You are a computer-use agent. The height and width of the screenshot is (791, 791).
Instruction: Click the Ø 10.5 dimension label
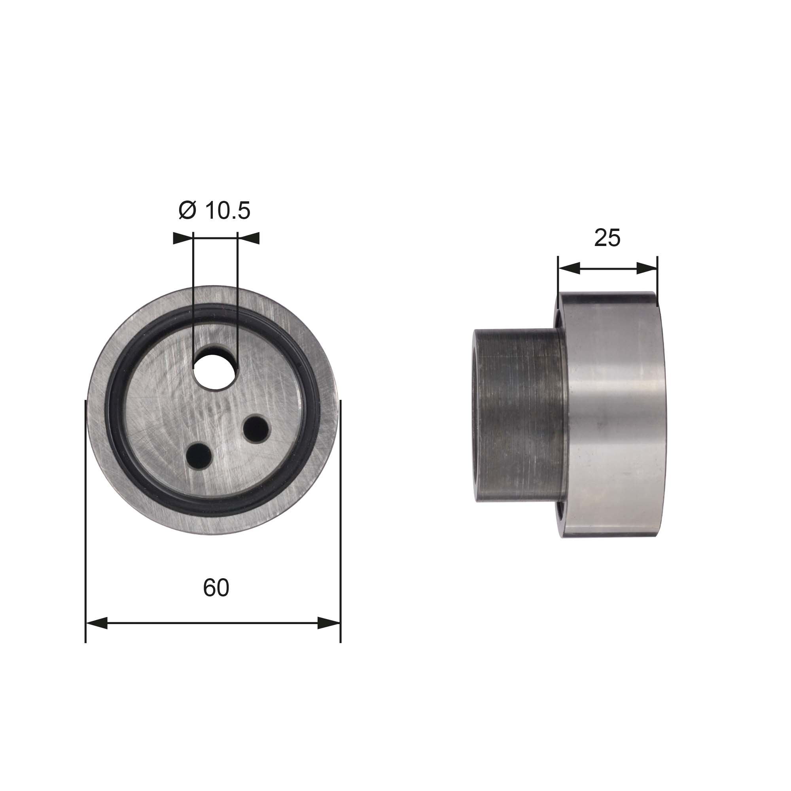pos(214,210)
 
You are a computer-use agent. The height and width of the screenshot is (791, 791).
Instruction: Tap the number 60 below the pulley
pos(216,588)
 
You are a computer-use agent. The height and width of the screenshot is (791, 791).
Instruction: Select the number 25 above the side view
pos(607,238)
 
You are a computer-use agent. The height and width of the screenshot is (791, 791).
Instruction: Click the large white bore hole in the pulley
pos(216,371)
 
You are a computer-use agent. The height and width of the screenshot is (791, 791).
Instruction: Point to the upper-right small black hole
pos(256,429)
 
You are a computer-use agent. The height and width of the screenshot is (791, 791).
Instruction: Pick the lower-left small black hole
pos(199,455)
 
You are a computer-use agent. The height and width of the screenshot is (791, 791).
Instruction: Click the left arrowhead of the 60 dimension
pos(97,623)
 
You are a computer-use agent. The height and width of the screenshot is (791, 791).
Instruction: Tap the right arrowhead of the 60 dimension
pos(329,623)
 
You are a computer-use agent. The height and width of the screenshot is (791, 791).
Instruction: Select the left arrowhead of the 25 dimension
pos(570,269)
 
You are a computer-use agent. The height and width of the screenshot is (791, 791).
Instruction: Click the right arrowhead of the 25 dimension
pos(647,269)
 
